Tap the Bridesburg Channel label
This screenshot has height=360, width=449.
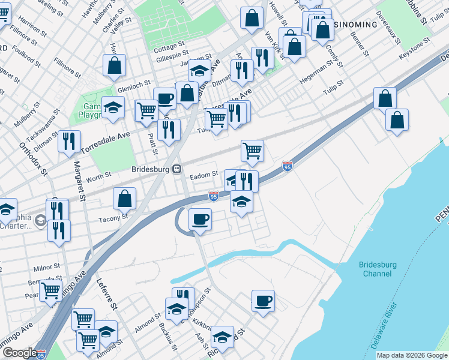(378, 269)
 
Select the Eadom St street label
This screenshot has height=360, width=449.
(203, 175)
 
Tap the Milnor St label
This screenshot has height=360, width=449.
(47, 266)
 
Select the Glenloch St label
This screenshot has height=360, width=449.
(133, 88)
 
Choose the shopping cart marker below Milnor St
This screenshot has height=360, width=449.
(51, 291)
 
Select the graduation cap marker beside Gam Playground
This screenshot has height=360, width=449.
(112, 107)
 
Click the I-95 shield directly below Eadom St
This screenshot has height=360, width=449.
(213, 196)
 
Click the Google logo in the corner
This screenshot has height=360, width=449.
(19, 353)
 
